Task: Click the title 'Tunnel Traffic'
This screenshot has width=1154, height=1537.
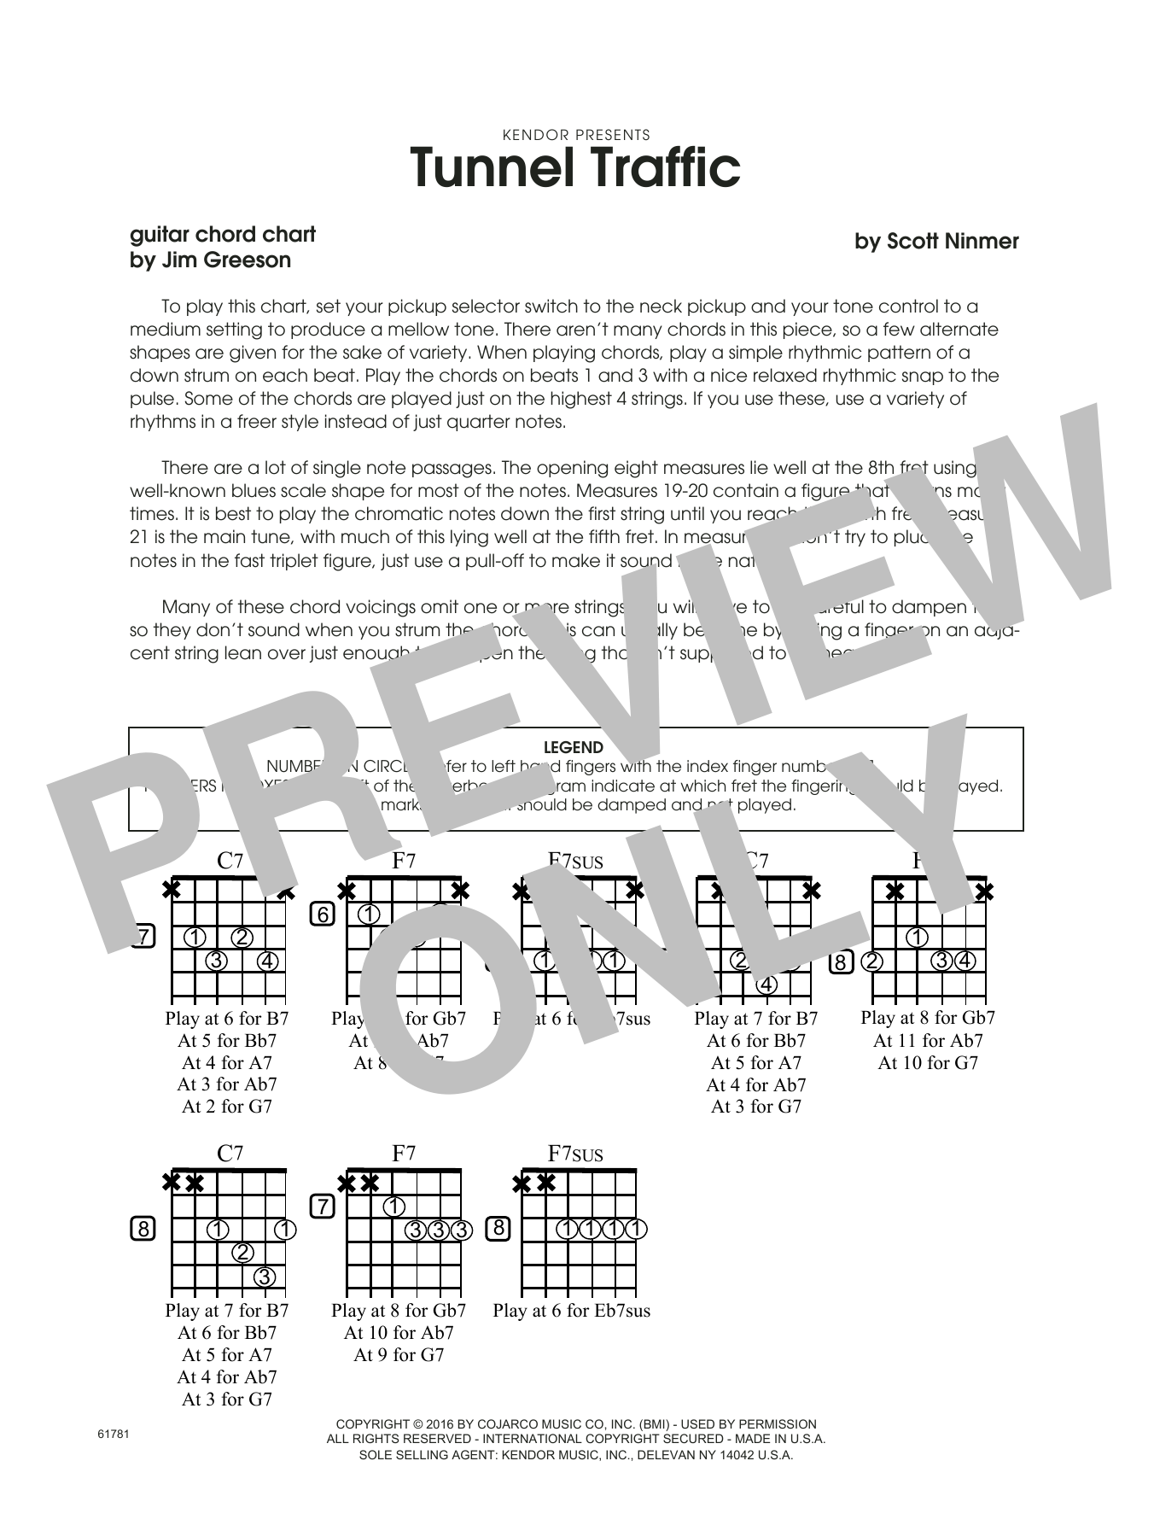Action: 575,168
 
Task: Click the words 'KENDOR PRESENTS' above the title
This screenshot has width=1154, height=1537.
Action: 576,135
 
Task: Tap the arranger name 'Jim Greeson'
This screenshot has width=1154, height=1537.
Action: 224,260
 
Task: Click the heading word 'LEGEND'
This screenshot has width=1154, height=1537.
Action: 573,747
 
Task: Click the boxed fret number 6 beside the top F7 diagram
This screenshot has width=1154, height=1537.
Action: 323,915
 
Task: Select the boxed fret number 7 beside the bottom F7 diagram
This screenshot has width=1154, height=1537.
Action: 322,1207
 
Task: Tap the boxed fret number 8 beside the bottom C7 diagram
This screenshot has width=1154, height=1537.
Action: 143,1230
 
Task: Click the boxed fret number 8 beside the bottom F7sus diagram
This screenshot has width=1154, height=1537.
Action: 498,1230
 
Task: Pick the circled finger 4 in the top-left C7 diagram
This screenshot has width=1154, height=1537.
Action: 267,961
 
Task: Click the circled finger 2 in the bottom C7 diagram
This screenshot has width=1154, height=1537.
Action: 243,1253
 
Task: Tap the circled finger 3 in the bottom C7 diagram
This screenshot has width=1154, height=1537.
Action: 265,1277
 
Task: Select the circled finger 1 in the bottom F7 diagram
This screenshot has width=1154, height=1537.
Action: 393,1207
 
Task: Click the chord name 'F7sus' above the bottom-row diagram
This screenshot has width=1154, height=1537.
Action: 575,1154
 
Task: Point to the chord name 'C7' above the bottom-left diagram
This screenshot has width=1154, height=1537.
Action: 230,1154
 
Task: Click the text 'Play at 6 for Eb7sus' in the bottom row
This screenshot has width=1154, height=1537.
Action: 571,1311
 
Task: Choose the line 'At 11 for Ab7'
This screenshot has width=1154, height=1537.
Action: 928,1041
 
